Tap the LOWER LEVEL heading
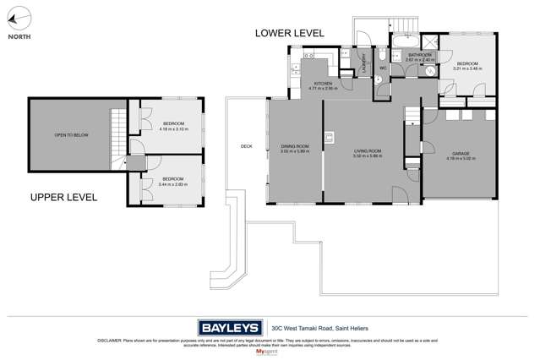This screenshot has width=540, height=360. pyautogui.click(x=291, y=33)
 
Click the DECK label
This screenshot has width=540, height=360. pyautogui.click(x=246, y=146)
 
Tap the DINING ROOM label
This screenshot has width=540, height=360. pyautogui.click(x=295, y=150)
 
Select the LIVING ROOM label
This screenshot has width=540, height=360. pyautogui.click(x=368, y=153)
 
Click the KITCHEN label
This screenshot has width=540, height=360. pyautogui.click(x=323, y=85)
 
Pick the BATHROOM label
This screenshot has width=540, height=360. pyautogui.click(x=420, y=57)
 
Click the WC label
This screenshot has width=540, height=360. pyautogui.click(x=383, y=68)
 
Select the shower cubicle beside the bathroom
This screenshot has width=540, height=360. pyautogui.click(x=430, y=43)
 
